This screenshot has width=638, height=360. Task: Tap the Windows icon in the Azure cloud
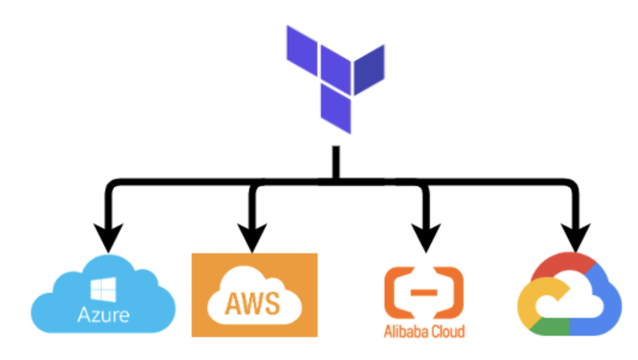(103, 290)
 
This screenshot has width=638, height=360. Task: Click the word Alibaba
(403, 331)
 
